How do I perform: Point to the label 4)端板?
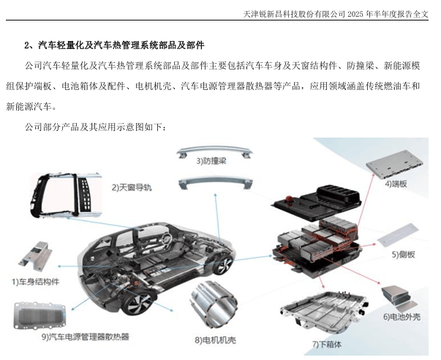[x=398, y=184]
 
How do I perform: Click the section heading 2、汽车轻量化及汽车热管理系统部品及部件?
[x=114, y=45]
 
